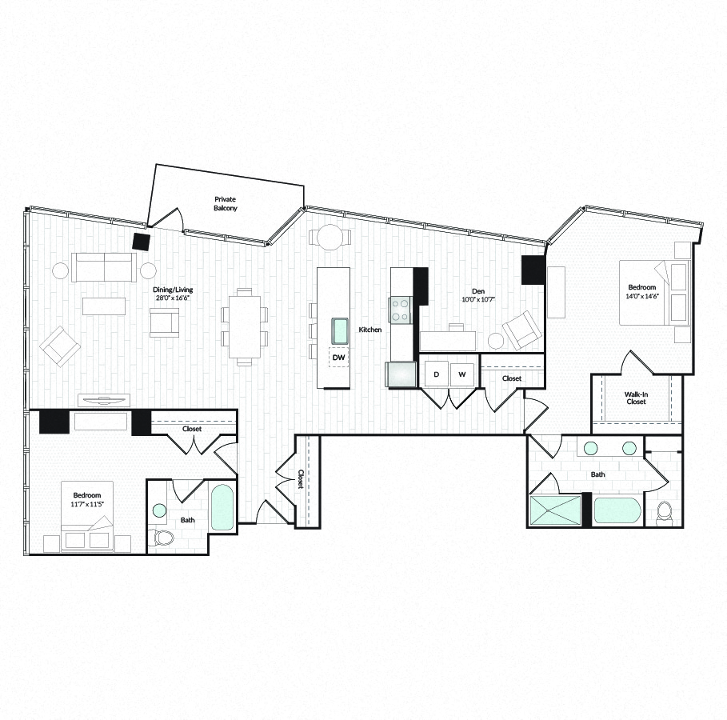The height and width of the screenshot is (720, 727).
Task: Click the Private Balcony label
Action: coord(226,204)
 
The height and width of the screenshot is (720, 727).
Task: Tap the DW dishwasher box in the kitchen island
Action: coord(338,358)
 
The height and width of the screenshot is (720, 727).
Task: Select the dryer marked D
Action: coord(437,374)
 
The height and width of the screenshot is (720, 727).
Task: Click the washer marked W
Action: coord(462,374)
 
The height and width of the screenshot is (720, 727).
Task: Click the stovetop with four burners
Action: coord(400,310)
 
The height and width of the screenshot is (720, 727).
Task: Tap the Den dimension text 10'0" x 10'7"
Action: coord(478,300)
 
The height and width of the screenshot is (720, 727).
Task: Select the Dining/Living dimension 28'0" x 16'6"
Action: coord(173,298)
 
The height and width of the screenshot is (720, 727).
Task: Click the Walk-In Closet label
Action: coord(636,398)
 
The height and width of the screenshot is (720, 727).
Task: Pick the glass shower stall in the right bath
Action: coord(556,511)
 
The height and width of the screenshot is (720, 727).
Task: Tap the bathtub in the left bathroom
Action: coord(222,508)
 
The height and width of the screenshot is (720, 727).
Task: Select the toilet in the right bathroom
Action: coord(665,514)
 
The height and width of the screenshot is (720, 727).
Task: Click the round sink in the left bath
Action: coord(159,510)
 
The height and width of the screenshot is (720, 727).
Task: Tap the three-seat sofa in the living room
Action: coord(104,268)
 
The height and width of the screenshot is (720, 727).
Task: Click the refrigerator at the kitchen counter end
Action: coord(401,374)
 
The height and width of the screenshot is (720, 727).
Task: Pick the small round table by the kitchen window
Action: coord(330,238)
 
